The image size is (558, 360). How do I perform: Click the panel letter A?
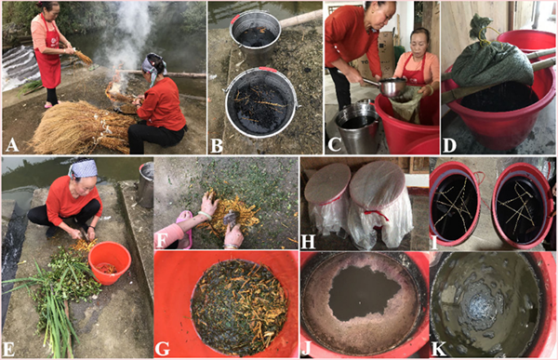[x=11, y=144]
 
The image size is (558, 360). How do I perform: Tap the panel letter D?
[x=449, y=144]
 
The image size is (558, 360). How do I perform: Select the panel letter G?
[x=162, y=348]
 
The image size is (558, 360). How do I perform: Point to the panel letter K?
[x=438, y=349]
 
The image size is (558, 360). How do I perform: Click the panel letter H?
[x=308, y=242]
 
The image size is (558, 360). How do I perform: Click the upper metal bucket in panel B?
[x=256, y=33]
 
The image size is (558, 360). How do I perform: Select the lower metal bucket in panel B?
[x=261, y=100]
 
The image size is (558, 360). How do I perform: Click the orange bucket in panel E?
[x=109, y=263]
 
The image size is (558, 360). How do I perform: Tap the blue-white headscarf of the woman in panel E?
[x=84, y=168]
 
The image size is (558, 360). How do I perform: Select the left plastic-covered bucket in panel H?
[x=326, y=199]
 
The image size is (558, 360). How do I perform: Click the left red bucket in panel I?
[x=455, y=203]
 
